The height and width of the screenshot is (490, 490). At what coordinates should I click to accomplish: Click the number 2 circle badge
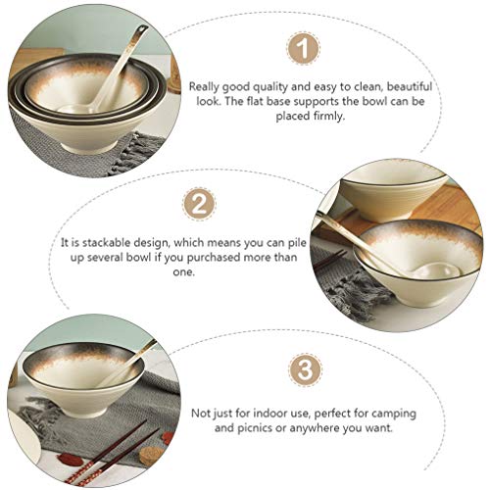200,205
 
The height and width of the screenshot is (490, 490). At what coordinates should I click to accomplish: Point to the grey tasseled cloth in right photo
343,284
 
